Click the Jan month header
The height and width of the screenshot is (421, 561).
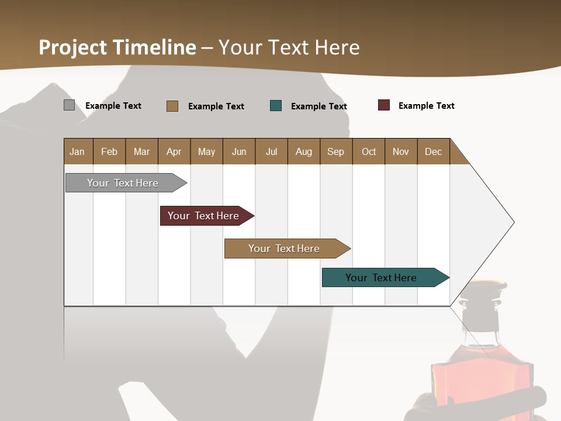coord(77,151)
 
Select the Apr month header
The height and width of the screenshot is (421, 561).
coord(174,151)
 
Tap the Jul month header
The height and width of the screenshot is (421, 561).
coord(271,151)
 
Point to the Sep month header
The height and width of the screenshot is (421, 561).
coord(335,151)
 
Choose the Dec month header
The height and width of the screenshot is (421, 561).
coord(433,151)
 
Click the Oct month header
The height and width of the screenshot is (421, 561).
coord(369,151)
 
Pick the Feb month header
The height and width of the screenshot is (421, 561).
coord(109,151)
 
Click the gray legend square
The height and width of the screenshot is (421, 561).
coord(69,105)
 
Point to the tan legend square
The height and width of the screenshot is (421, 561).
coord(172,106)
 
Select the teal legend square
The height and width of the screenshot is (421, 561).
coord(276,106)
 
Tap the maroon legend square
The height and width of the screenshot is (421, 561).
coord(383,105)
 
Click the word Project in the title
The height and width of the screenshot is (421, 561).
coord(73,47)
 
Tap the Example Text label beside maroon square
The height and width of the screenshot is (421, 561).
coord(426,106)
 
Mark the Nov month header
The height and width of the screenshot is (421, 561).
coord(400,151)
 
